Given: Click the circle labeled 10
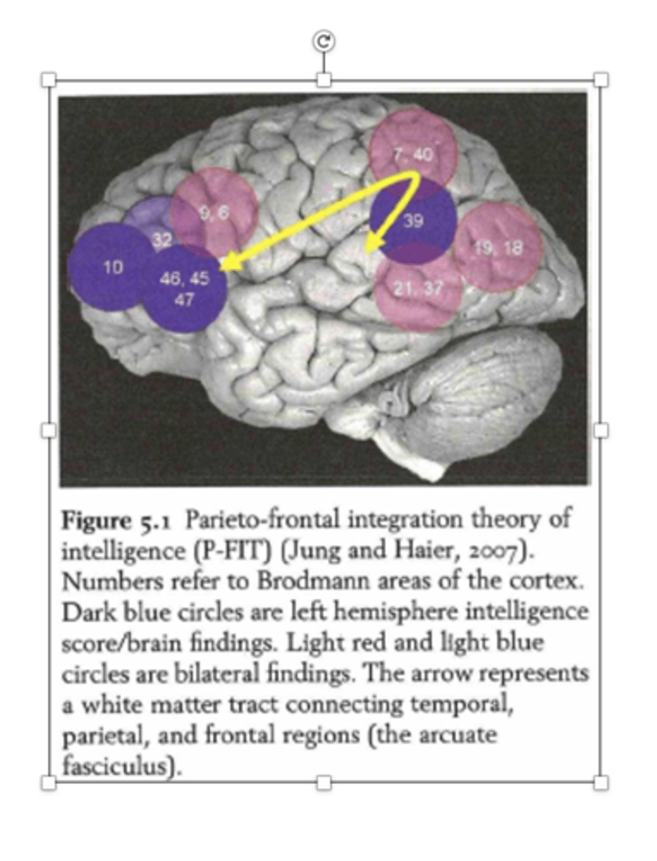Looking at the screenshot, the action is (113, 268).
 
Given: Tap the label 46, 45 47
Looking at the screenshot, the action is (184, 289).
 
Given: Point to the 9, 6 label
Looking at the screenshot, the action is (214, 214).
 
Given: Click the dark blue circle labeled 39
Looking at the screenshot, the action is (413, 220).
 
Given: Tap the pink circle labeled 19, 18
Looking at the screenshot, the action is (498, 247).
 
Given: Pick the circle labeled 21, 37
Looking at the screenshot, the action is (418, 288).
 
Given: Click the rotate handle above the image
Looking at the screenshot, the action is (323, 41).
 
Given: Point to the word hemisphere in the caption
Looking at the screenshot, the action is (395, 612).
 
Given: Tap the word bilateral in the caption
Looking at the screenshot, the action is (217, 673).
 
